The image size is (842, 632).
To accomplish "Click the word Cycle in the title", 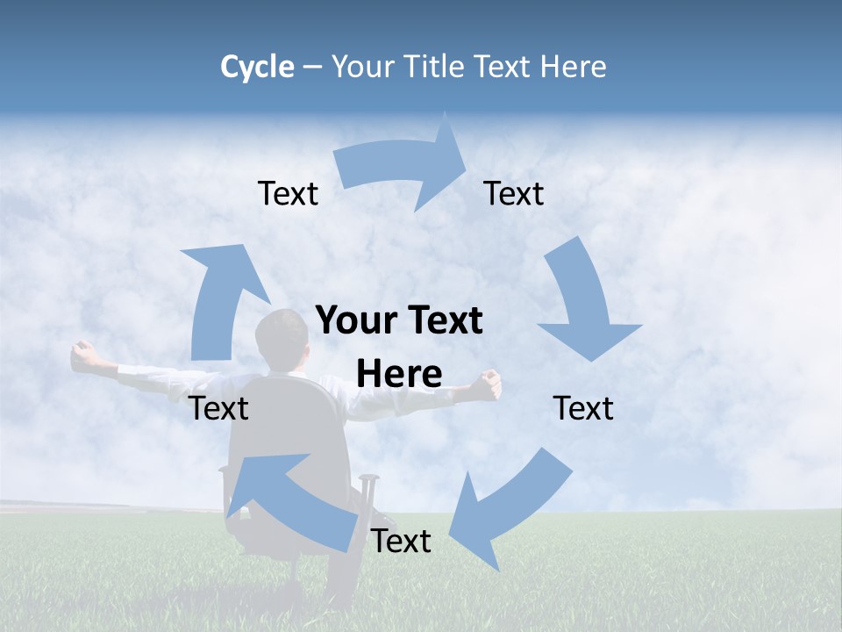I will click(257, 67).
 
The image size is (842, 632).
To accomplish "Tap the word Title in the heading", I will click(432, 67).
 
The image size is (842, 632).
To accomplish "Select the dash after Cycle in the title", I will click(312, 68).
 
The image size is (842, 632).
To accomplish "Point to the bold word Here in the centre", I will click(399, 374).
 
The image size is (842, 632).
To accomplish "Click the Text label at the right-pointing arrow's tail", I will click(289, 194).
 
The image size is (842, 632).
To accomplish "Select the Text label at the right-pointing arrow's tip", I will click(514, 194).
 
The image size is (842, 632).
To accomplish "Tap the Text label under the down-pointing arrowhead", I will click(583, 408).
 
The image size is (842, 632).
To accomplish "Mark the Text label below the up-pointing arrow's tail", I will click(219, 408).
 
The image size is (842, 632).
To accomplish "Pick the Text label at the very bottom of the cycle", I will click(401, 542).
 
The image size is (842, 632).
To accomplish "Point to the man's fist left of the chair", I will click(85, 354).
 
